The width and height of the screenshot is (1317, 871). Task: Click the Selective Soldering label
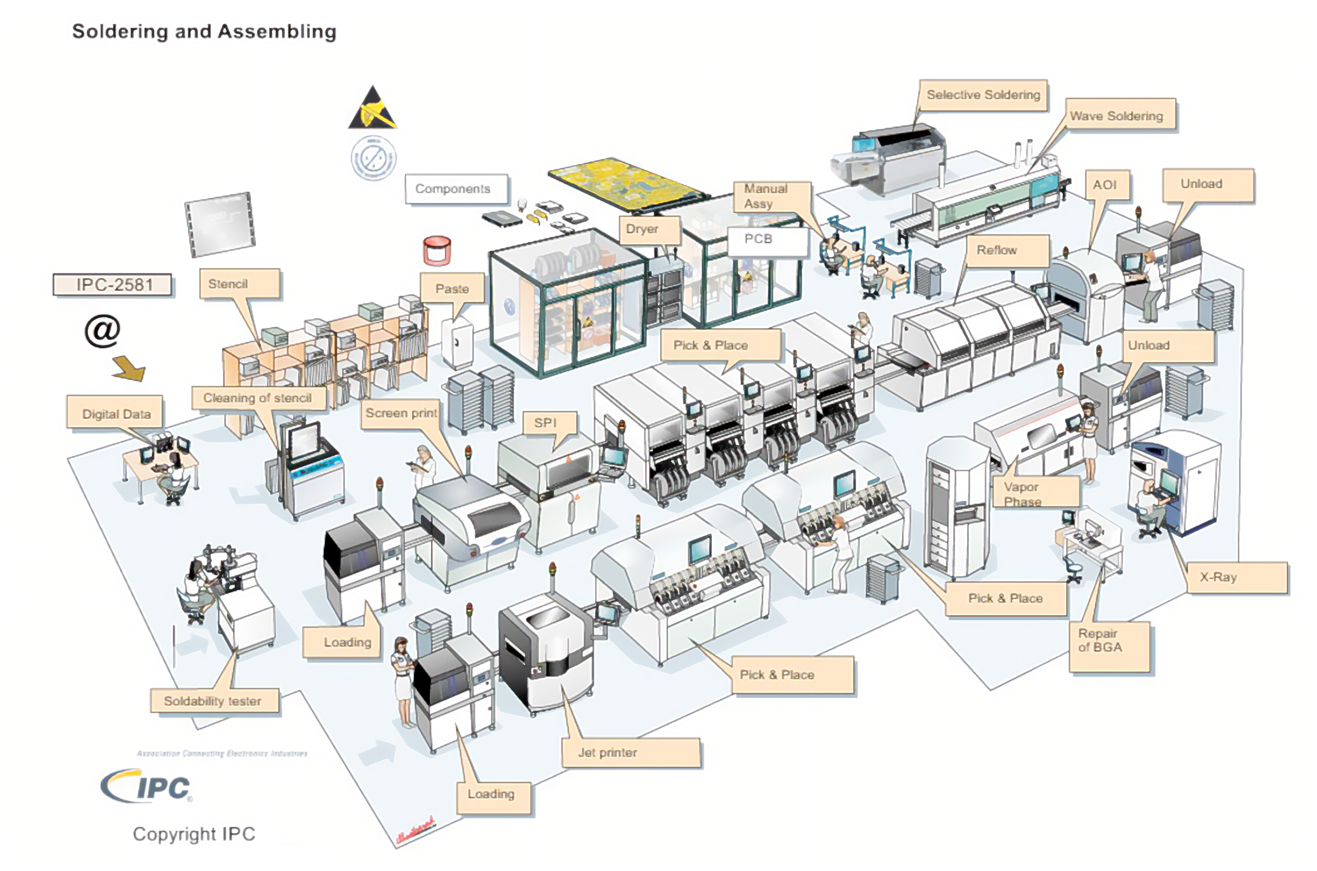pos(983,95)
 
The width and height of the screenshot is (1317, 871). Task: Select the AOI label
pos(1107,185)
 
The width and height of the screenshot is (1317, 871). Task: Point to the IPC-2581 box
pos(113,285)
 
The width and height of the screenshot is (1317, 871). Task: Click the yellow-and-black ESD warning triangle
pos(372,109)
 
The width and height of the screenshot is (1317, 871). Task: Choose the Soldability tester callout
pos(214,701)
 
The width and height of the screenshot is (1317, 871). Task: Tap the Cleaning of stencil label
pos(258,398)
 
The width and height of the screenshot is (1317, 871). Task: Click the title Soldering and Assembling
pos(205,31)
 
